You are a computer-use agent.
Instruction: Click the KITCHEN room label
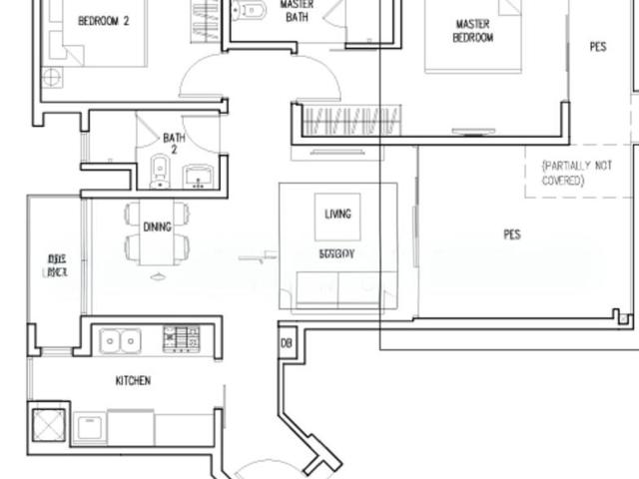(133, 380)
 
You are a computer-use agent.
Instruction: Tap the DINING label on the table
(157, 228)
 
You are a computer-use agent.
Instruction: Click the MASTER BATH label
(297, 10)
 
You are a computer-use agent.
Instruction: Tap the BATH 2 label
(174, 144)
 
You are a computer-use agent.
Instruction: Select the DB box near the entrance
(287, 342)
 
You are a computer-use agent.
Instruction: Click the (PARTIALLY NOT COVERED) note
(576, 172)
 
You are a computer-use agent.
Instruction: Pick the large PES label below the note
(512, 236)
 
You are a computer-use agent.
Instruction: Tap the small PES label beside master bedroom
(597, 46)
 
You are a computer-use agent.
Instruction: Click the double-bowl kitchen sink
(121, 341)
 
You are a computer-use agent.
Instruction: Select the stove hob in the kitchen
(182, 339)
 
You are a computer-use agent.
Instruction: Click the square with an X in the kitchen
(47, 423)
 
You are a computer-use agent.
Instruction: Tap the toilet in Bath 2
(159, 172)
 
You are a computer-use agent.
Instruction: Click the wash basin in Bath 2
(198, 176)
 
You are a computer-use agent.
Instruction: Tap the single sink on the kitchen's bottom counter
(90, 427)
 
